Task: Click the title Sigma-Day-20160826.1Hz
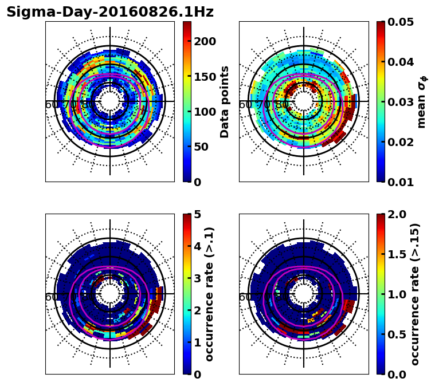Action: pos(110,12)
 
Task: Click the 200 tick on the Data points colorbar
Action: pos(204,41)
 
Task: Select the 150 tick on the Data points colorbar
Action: pos(204,77)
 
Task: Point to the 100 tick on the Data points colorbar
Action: pos(204,112)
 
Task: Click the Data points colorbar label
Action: pos(225,101)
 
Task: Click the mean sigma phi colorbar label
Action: pos(421,101)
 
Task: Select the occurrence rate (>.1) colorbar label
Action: pos(210,294)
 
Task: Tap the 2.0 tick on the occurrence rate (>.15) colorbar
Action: pos(397,214)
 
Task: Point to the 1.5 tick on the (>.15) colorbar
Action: pos(397,254)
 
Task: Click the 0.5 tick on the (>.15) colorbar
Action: pos(397,334)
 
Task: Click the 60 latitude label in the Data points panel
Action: pos(51,105)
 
